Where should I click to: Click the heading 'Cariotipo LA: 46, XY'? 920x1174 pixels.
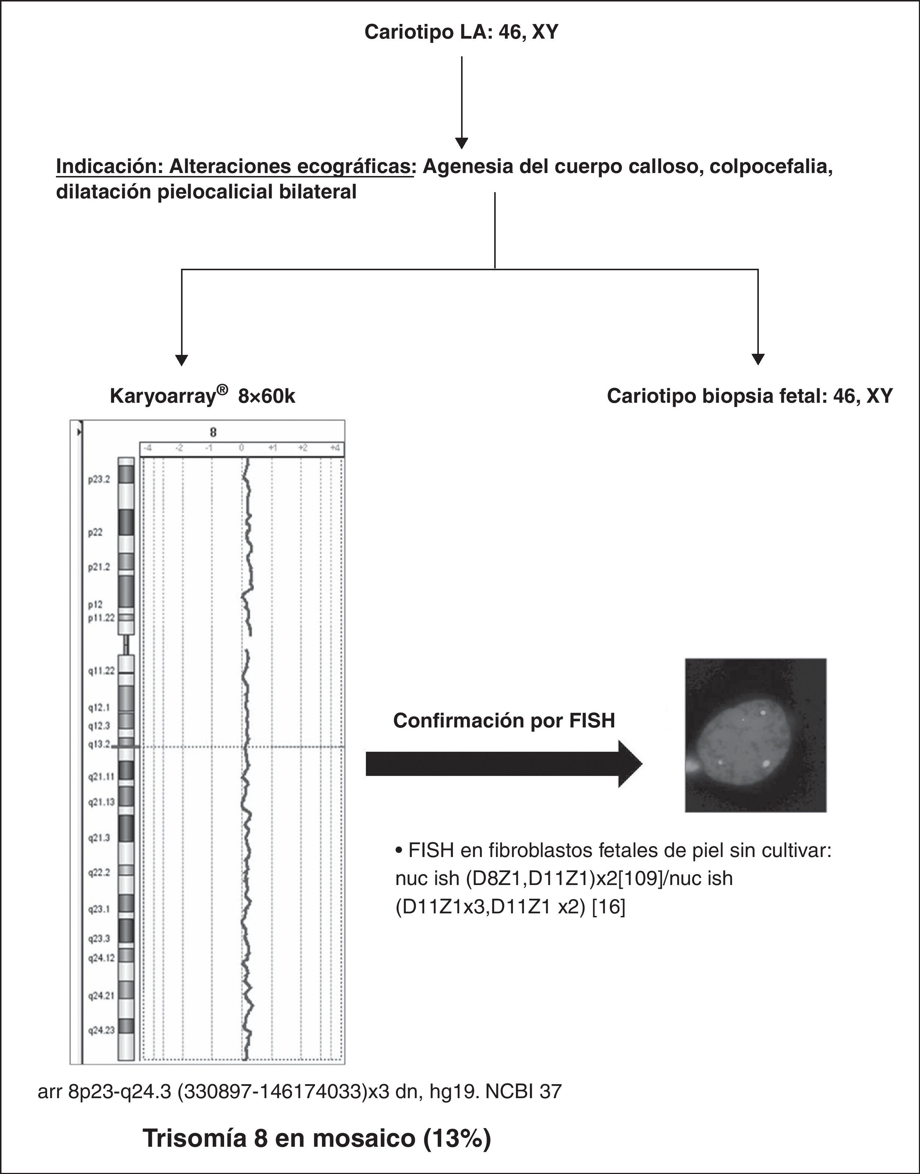tap(461, 32)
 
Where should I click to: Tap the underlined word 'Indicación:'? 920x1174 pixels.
tap(109, 166)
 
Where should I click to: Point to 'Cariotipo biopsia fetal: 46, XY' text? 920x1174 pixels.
tap(750, 396)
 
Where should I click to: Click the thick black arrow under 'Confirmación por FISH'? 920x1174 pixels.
tap(504, 764)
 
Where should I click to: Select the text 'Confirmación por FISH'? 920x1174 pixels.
tap(504, 720)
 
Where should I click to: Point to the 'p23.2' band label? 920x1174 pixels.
tap(99, 479)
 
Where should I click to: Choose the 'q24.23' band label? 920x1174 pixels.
tap(101, 1030)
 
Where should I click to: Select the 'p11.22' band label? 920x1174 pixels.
tap(102, 618)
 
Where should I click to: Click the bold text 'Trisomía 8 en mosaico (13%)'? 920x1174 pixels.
tap(317, 1138)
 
